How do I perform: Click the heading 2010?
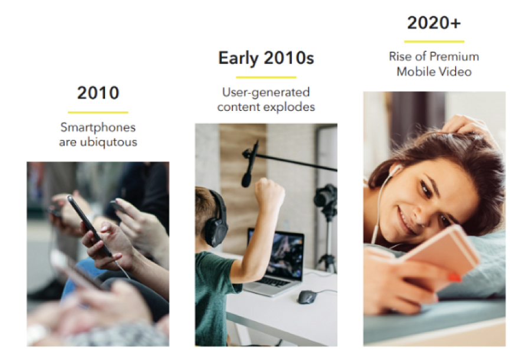coord(98,93)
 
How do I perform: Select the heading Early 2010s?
coord(266,58)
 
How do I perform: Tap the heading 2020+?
coord(434,24)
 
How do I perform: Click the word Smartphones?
coord(98,127)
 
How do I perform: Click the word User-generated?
coord(266,92)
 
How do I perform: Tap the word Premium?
coord(455,57)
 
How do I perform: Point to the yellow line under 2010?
coord(98,112)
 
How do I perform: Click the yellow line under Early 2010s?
coord(266,77)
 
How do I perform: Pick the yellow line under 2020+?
coord(434,41)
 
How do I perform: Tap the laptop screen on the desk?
coord(275,253)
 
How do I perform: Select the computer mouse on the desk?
coord(307,297)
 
